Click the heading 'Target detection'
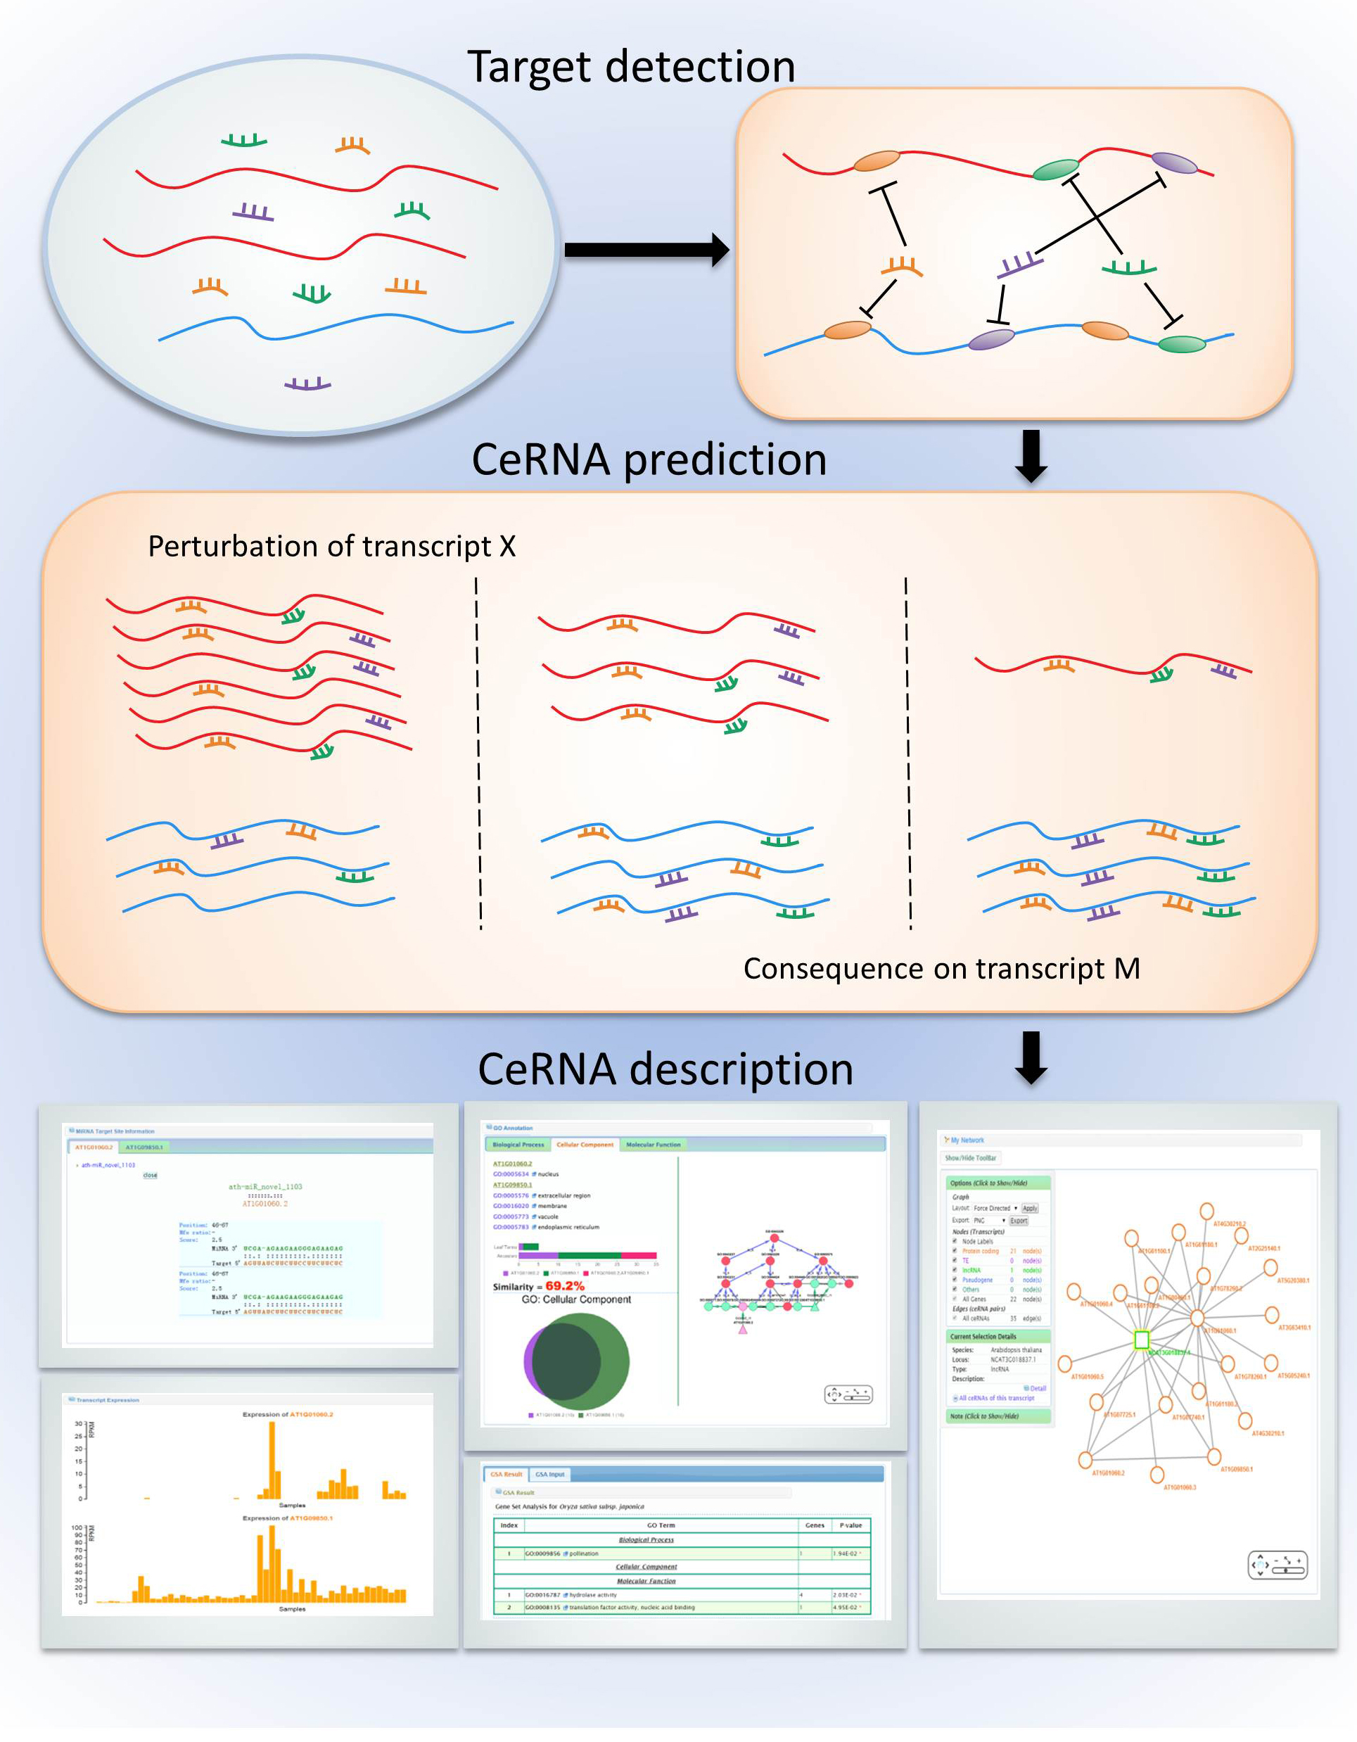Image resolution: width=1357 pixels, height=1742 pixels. pyautogui.click(x=630, y=66)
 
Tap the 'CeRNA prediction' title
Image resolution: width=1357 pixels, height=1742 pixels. pyautogui.click(x=649, y=460)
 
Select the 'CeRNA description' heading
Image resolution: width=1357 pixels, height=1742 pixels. pyautogui.click(x=665, y=1069)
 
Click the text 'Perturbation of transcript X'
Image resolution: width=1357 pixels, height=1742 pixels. pyautogui.click(x=331, y=547)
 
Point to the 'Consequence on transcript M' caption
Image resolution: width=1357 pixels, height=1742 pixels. pyautogui.click(x=941, y=968)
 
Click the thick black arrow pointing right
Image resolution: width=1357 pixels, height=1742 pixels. pyautogui.click(x=646, y=250)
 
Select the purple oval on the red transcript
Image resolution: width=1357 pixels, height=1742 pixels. pyautogui.click(x=1173, y=163)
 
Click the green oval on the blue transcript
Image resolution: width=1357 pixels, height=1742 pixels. pyautogui.click(x=1181, y=344)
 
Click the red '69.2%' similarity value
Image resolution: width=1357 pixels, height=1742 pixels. pyautogui.click(x=564, y=1286)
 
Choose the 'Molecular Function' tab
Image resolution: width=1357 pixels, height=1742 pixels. pyautogui.click(x=653, y=1145)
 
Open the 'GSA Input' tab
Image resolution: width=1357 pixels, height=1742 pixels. pyautogui.click(x=549, y=1474)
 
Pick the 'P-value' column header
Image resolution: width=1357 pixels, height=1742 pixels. pyautogui.click(x=850, y=1525)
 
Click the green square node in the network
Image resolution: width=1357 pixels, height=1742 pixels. pyautogui.click(x=1142, y=1340)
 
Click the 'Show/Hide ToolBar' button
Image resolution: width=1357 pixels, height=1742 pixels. pyautogui.click(x=970, y=1157)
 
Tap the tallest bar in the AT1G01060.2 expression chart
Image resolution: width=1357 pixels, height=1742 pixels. pyautogui.click(x=272, y=1460)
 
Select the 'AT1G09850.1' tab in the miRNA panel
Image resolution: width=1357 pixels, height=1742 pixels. pyautogui.click(x=144, y=1147)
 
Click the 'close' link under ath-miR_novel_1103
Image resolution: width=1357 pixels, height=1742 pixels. pyautogui.click(x=150, y=1175)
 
